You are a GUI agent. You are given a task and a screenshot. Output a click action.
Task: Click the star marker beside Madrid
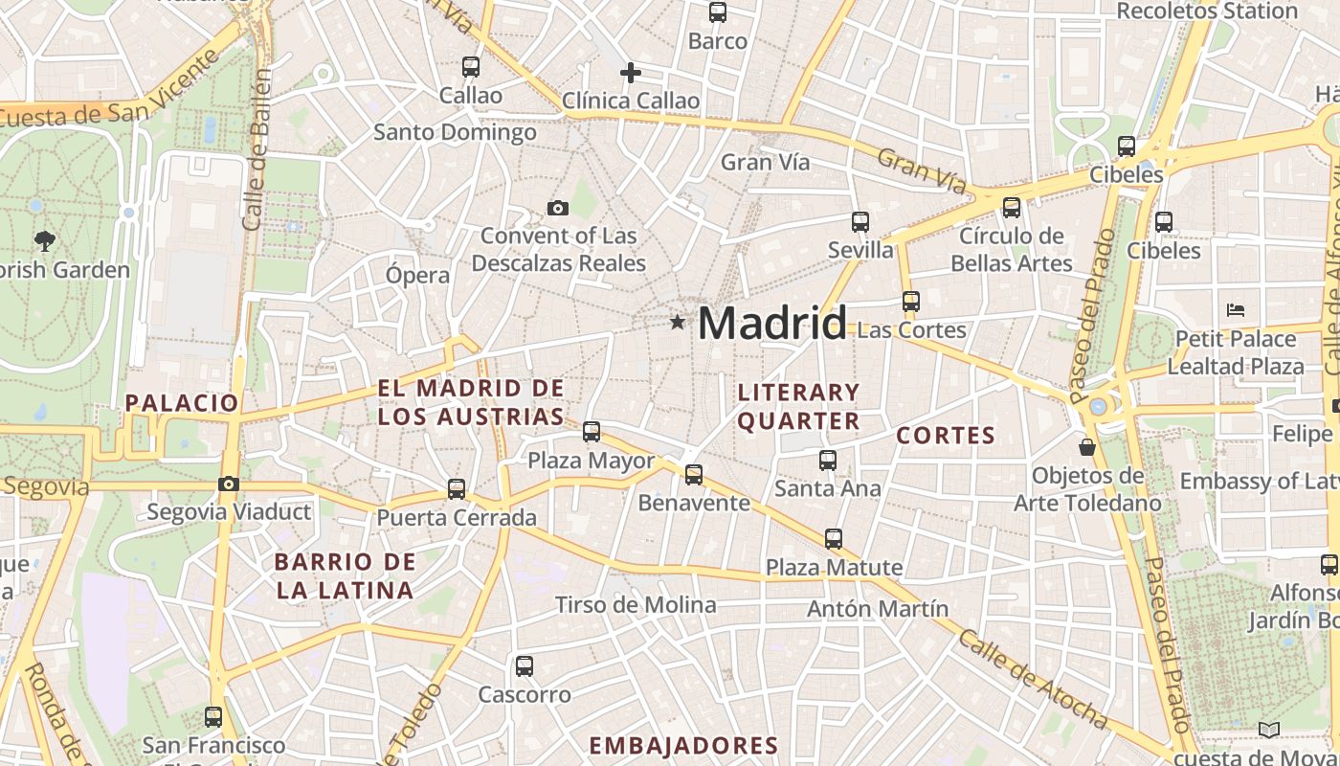678,323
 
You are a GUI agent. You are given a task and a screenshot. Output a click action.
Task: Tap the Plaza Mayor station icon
592,432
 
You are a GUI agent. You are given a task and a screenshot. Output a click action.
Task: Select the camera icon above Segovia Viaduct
228,484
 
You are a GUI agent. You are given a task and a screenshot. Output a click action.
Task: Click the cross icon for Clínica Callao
630,73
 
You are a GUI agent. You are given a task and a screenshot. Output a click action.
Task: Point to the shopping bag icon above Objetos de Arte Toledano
1087,447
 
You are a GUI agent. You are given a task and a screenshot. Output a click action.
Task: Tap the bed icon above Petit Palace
1236,310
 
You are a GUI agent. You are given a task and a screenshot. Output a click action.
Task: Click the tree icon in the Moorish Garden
44,240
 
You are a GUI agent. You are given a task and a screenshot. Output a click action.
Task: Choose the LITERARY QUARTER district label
798,406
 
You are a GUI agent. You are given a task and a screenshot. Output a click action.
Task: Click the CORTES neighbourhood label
946,436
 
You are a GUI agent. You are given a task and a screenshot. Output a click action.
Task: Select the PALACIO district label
182,402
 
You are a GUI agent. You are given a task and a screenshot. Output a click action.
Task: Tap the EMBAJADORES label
682,745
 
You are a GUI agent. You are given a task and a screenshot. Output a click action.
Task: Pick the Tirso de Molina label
636,604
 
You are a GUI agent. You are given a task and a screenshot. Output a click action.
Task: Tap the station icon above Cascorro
524,666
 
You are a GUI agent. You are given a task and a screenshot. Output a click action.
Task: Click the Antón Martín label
878,608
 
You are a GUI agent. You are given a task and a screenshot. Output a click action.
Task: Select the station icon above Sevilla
860,222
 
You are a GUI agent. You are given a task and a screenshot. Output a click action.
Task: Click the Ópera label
417,275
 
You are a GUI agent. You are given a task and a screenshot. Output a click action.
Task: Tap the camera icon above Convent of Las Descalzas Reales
557,208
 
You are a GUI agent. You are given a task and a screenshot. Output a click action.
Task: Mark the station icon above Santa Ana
828,461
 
